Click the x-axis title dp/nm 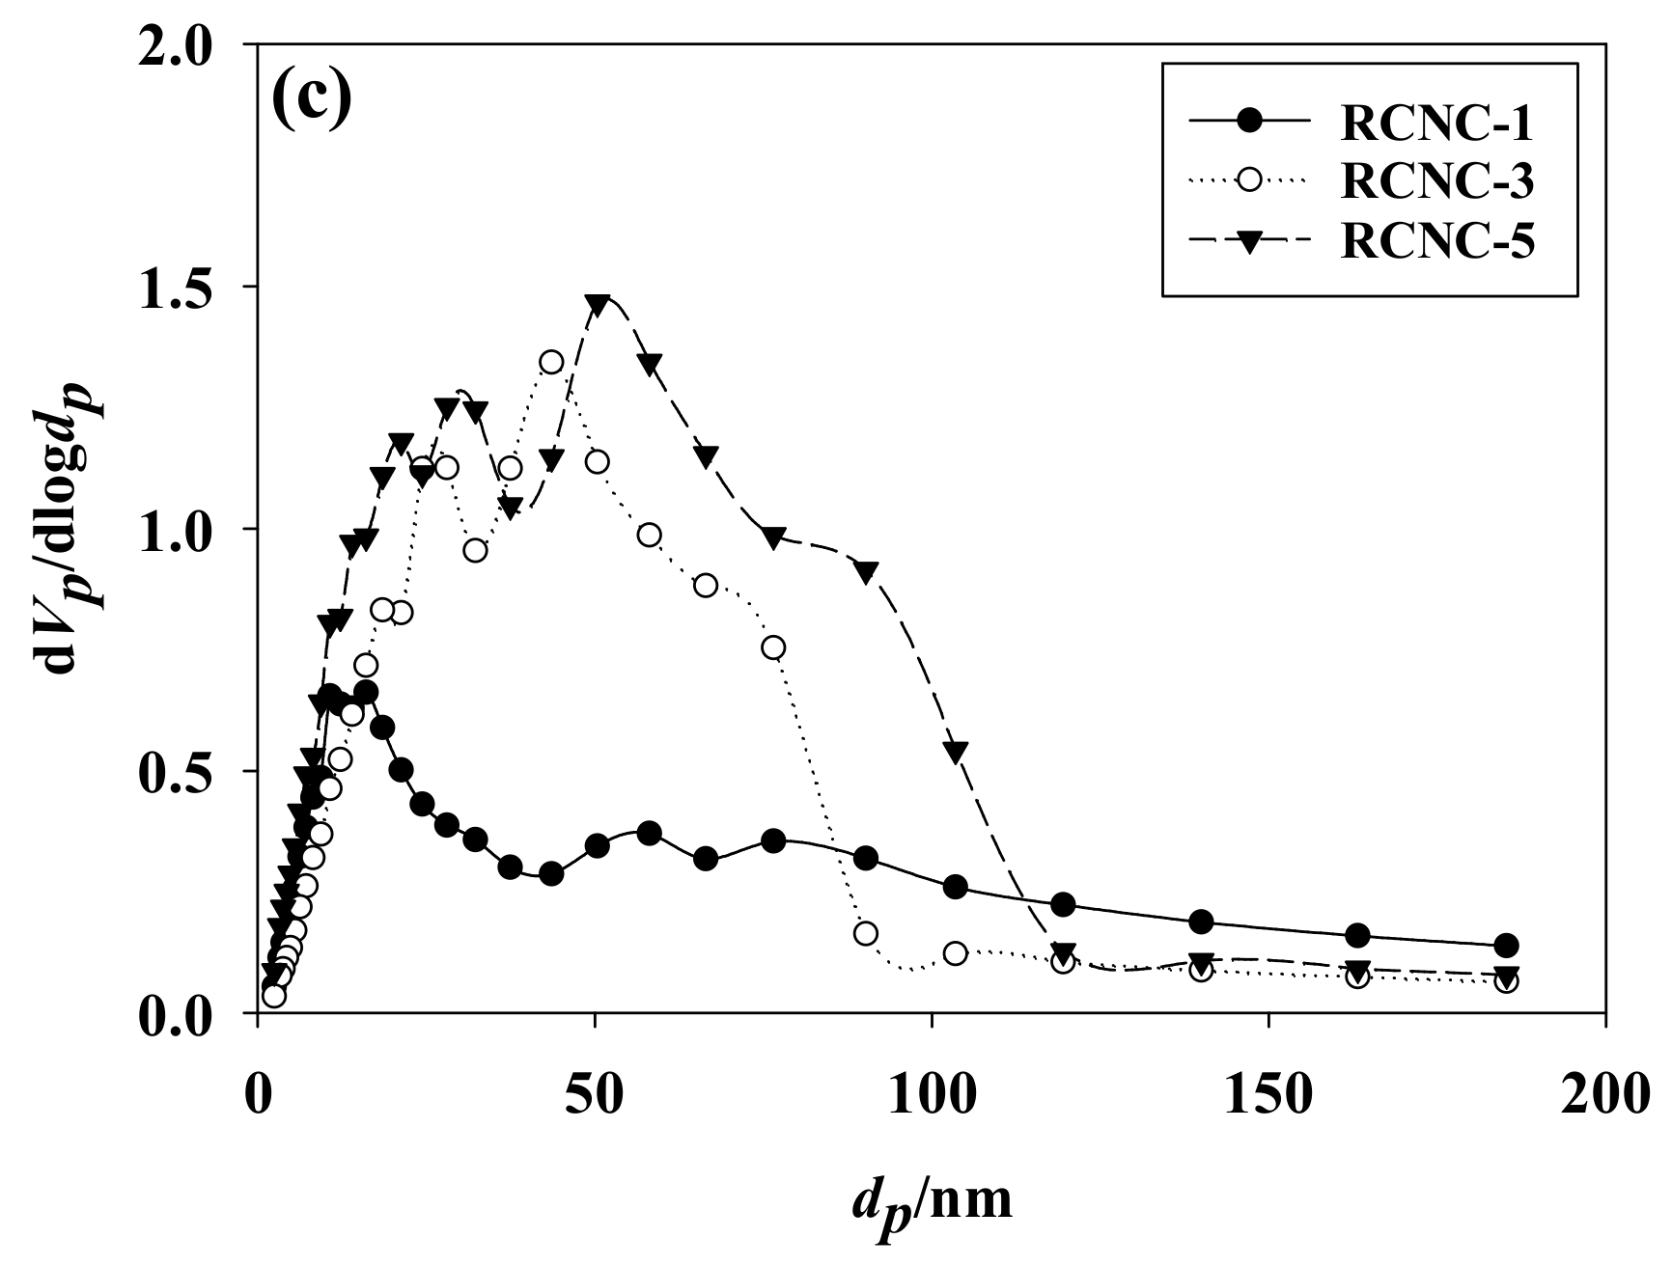932,1200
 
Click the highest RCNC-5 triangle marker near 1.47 598,304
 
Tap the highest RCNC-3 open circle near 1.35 551,362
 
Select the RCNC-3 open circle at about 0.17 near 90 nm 866,933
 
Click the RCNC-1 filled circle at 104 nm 956,887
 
